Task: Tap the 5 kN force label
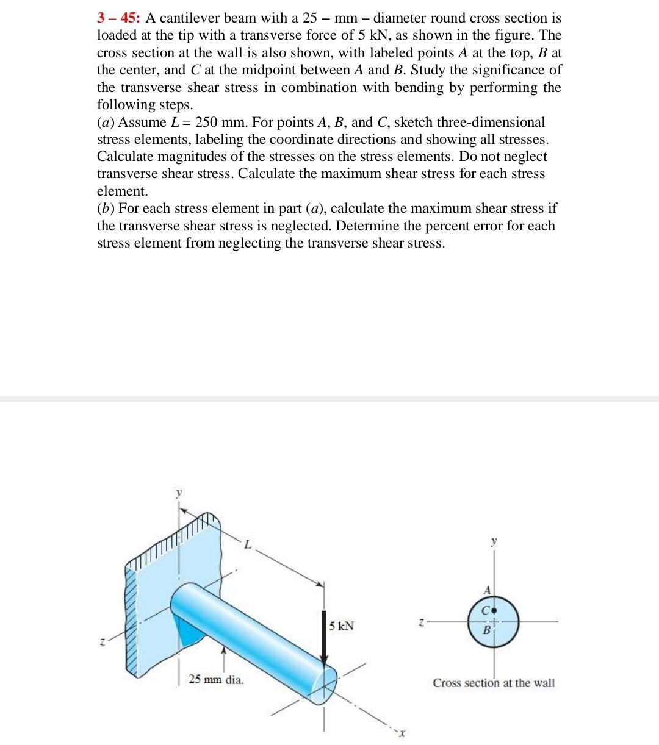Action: click(x=341, y=626)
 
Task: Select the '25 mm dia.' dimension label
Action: click(x=216, y=679)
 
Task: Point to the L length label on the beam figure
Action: click(x=247, y=544)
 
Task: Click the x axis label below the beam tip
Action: click(x=403, y=734)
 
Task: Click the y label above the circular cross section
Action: click(x=494, y=541)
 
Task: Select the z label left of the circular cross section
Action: click(x=421, y=622)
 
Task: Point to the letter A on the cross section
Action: click(x=487, y=590)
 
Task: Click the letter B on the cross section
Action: click(x=486, y=630)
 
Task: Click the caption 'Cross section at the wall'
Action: click(x=494, y=683)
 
